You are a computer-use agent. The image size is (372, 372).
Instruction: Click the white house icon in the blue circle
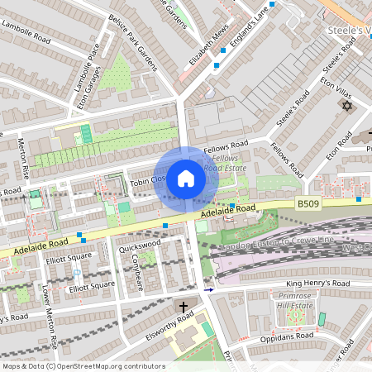tap(186, 179)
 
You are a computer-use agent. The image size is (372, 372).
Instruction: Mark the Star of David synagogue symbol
tap(346, 106)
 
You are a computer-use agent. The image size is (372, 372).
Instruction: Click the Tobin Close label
tap(147, 179)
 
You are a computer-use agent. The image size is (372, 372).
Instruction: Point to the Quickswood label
tap(138, 246)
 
